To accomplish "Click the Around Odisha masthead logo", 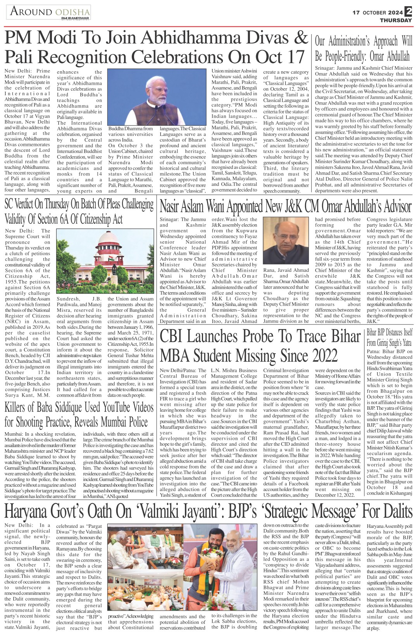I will tap(48, 12).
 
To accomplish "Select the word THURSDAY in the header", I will tap(395, 20).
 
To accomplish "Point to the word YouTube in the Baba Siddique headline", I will tap(106, 407).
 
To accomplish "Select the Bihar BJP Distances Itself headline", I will tap(389, 337).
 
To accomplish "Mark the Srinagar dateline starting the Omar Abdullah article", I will tap(326, 68).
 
